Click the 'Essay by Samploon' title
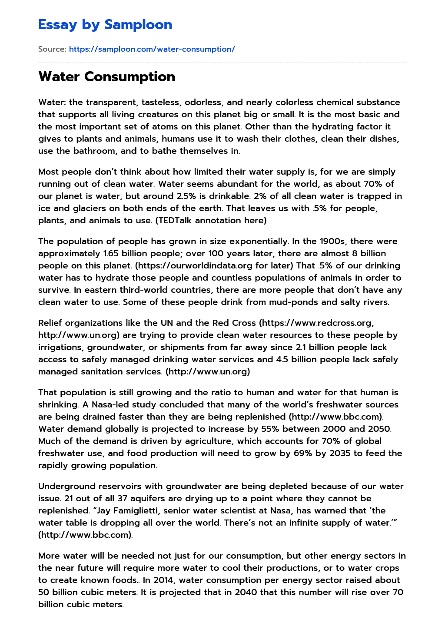coord(105,25)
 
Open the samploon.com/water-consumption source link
coord(152,49)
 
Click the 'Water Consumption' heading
coord(106,76)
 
